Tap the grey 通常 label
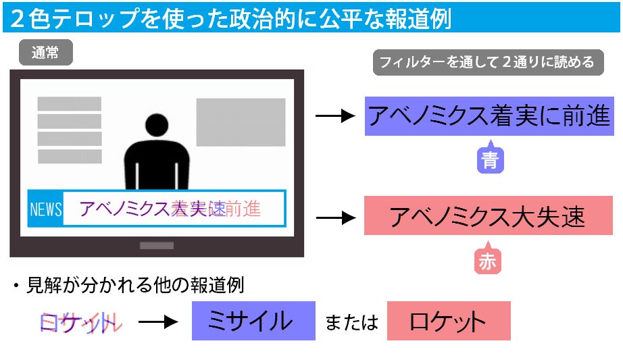[x=45, y=53]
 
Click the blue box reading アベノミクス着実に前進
[x=489, y=116]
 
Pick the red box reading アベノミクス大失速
[x=487, y=216]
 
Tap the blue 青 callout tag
[x=491, y=159]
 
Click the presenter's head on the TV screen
[x=156, y=125]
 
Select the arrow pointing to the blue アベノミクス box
[x=335, y=116]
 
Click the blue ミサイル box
[x=253, y=321]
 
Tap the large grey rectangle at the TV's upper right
[x=241, y=122]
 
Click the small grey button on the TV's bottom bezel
[x=157, y=246]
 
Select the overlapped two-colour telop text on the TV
[x=170, y=209]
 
